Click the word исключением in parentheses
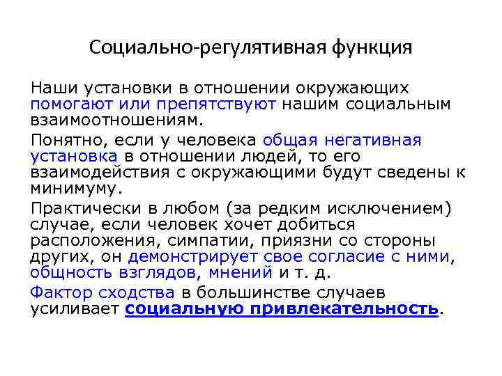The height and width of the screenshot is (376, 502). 395,207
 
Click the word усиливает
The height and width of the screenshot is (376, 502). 74,308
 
